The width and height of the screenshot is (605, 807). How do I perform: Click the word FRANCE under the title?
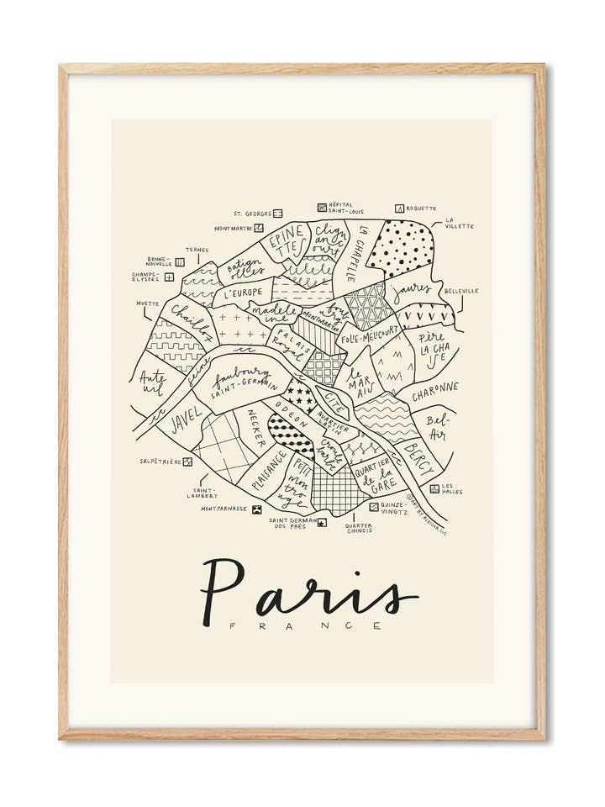307,626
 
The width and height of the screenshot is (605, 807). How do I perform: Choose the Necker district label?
255,430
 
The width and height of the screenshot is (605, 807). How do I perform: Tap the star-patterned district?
299,392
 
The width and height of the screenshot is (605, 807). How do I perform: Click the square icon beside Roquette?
400,208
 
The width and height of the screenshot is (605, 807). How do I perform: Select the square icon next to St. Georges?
278,214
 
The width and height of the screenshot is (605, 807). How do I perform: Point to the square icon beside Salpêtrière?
187,462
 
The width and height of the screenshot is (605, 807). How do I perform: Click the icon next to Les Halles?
434,488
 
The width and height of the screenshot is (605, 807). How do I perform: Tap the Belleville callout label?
461,291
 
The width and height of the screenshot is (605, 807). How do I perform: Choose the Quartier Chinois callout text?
359,528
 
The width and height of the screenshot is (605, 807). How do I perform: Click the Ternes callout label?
197,250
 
